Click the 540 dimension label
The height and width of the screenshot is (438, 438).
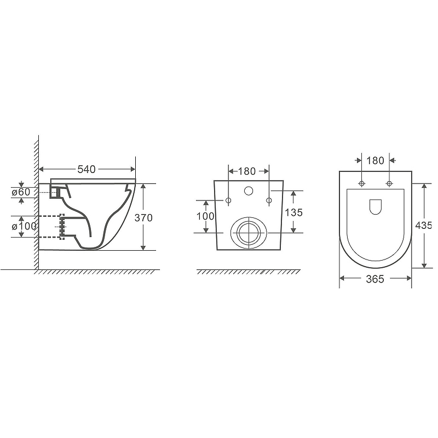[87, 169]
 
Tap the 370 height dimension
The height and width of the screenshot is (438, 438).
[143, 217]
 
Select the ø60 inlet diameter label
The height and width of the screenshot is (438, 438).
[21, 192]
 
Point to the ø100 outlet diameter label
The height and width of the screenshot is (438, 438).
[24, 226]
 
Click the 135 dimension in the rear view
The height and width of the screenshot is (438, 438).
[294, 212]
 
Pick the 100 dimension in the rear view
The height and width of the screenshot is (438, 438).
[206, 216]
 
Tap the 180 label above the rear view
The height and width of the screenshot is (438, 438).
[247, 171]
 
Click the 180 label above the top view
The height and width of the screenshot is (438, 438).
[375, 160]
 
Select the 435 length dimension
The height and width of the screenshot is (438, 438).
[424, 225]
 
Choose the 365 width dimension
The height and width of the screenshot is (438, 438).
[375, 279]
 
